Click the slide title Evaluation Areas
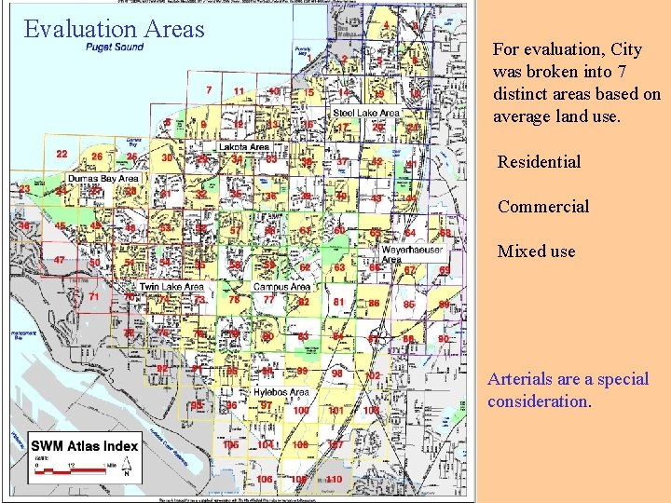point(114,29)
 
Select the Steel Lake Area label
point(366,113)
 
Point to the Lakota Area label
point(244,147)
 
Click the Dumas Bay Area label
point(103,178)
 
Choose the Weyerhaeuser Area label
point(411,255)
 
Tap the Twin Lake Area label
point(171,288)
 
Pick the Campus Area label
point(281,288)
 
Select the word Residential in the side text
point(539,162)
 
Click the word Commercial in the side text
point(543,207)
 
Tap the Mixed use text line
point(536,251)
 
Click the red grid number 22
point(62,154)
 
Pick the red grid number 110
point(334,479)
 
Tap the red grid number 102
point(374,375)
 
